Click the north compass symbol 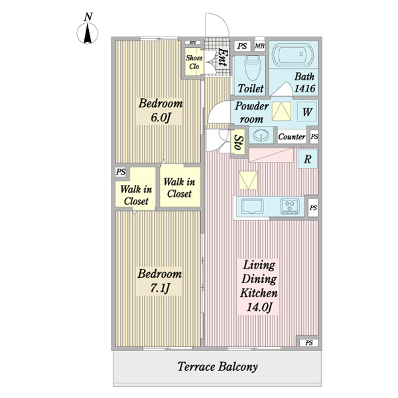tap(88, 33)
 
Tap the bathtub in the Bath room tap(293, 55)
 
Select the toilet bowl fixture tap(253, 66)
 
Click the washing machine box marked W tap(307, 112)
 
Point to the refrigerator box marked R tap(308, 159)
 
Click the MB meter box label tap(259, 46)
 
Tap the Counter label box tap(292, 137)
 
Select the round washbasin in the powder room tap(261, 135)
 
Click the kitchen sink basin tap(252, 206)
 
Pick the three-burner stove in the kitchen tap(290, 206)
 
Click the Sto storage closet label tap(239, 143)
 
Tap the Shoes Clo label tap(194, 62)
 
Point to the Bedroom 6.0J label tap(161, 110)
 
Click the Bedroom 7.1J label tap(160, 281)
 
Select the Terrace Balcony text tap(218, 366)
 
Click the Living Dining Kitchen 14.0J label tap(259, 286)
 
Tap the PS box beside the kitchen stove tap(313, 208)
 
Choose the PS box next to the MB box tap(242, 46)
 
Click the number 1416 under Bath tap(304, 88)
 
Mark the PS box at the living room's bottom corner tap(309, 343)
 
